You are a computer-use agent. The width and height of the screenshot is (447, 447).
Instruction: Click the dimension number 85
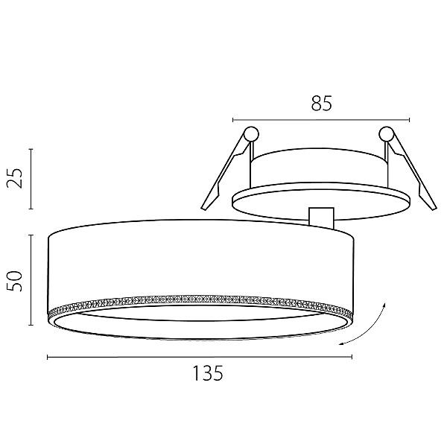(x=322, y=103)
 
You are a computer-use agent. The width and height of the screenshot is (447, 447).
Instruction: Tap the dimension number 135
(x=208, y=373)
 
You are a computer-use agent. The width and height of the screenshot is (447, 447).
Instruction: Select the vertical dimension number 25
(x=15, y=179)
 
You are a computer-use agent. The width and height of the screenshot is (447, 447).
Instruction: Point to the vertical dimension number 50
(x=15, y=281)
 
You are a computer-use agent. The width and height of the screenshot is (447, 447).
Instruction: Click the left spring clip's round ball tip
(x=251, y=133)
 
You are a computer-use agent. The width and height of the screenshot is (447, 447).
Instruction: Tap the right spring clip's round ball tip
(x=386, y=133)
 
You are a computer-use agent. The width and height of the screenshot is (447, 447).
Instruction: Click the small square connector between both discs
(x=321, y=218)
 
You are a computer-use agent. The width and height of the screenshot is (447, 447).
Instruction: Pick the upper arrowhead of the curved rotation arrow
(x=384, y=305)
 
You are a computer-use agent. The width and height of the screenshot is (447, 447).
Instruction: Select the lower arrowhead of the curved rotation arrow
(x=341, y=344)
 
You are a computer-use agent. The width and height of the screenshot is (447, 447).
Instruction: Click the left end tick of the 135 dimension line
(x=48, y=357)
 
